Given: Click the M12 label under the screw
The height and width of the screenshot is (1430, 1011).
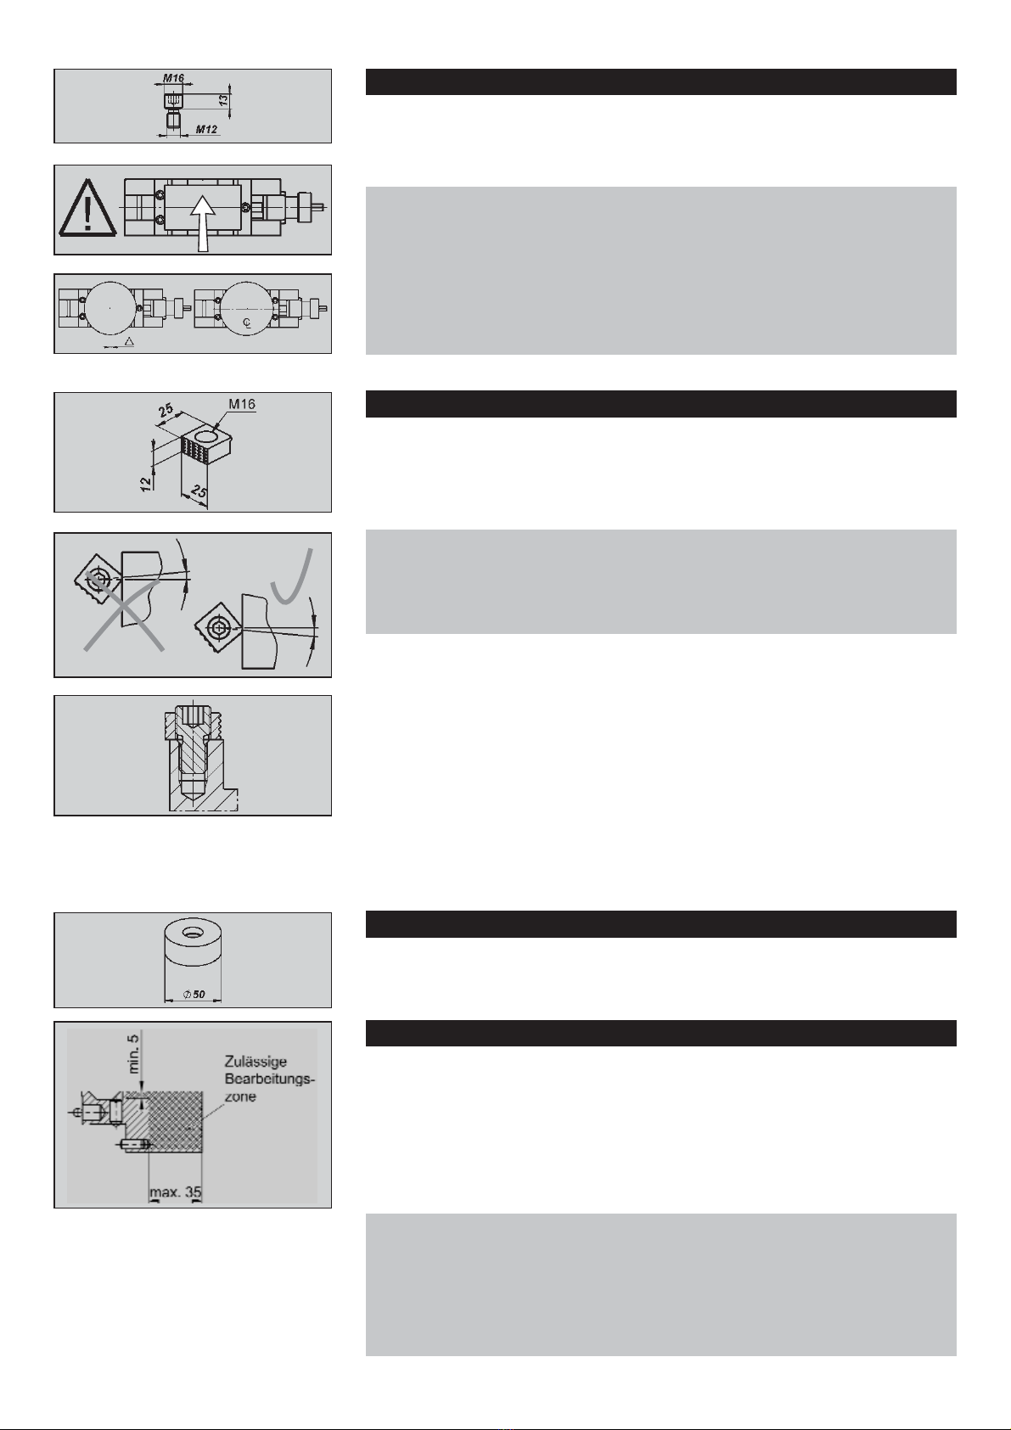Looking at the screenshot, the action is click(x=206, y=130).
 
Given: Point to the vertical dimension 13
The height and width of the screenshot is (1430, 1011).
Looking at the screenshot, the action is click(x=223, y=100).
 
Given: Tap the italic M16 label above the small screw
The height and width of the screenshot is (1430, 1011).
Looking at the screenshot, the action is click(x=174, y=78).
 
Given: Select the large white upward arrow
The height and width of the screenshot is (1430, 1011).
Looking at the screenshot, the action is click(x=203, y=223).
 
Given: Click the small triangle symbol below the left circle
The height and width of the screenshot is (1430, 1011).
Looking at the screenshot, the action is click(x=129, y=341).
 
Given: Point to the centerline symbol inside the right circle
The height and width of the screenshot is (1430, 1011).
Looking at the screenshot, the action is click(x=247, y=323).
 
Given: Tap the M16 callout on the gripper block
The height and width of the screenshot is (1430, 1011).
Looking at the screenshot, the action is click(x=242, y=404).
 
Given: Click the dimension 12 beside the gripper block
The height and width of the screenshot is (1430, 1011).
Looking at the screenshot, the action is click(x=147, y=483).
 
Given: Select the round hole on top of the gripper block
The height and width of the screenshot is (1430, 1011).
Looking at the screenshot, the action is click(x=208, y=437).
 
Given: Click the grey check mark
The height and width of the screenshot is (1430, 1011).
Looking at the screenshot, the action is click(x=292, y=575).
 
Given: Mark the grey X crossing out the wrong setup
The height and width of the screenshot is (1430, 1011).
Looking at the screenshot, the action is click(x=123, y=611).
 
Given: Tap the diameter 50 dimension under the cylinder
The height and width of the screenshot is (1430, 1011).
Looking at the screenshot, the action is click(x=194, y=994).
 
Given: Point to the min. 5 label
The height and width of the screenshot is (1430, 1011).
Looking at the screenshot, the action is click(x=133, y=1053).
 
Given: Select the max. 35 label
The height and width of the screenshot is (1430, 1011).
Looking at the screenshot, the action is click(x=176, y=1192).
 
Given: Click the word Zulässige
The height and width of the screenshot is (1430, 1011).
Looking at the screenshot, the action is click(x=256, y=1062).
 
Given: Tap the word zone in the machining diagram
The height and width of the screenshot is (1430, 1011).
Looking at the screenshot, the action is click(x=240, y=1096).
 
